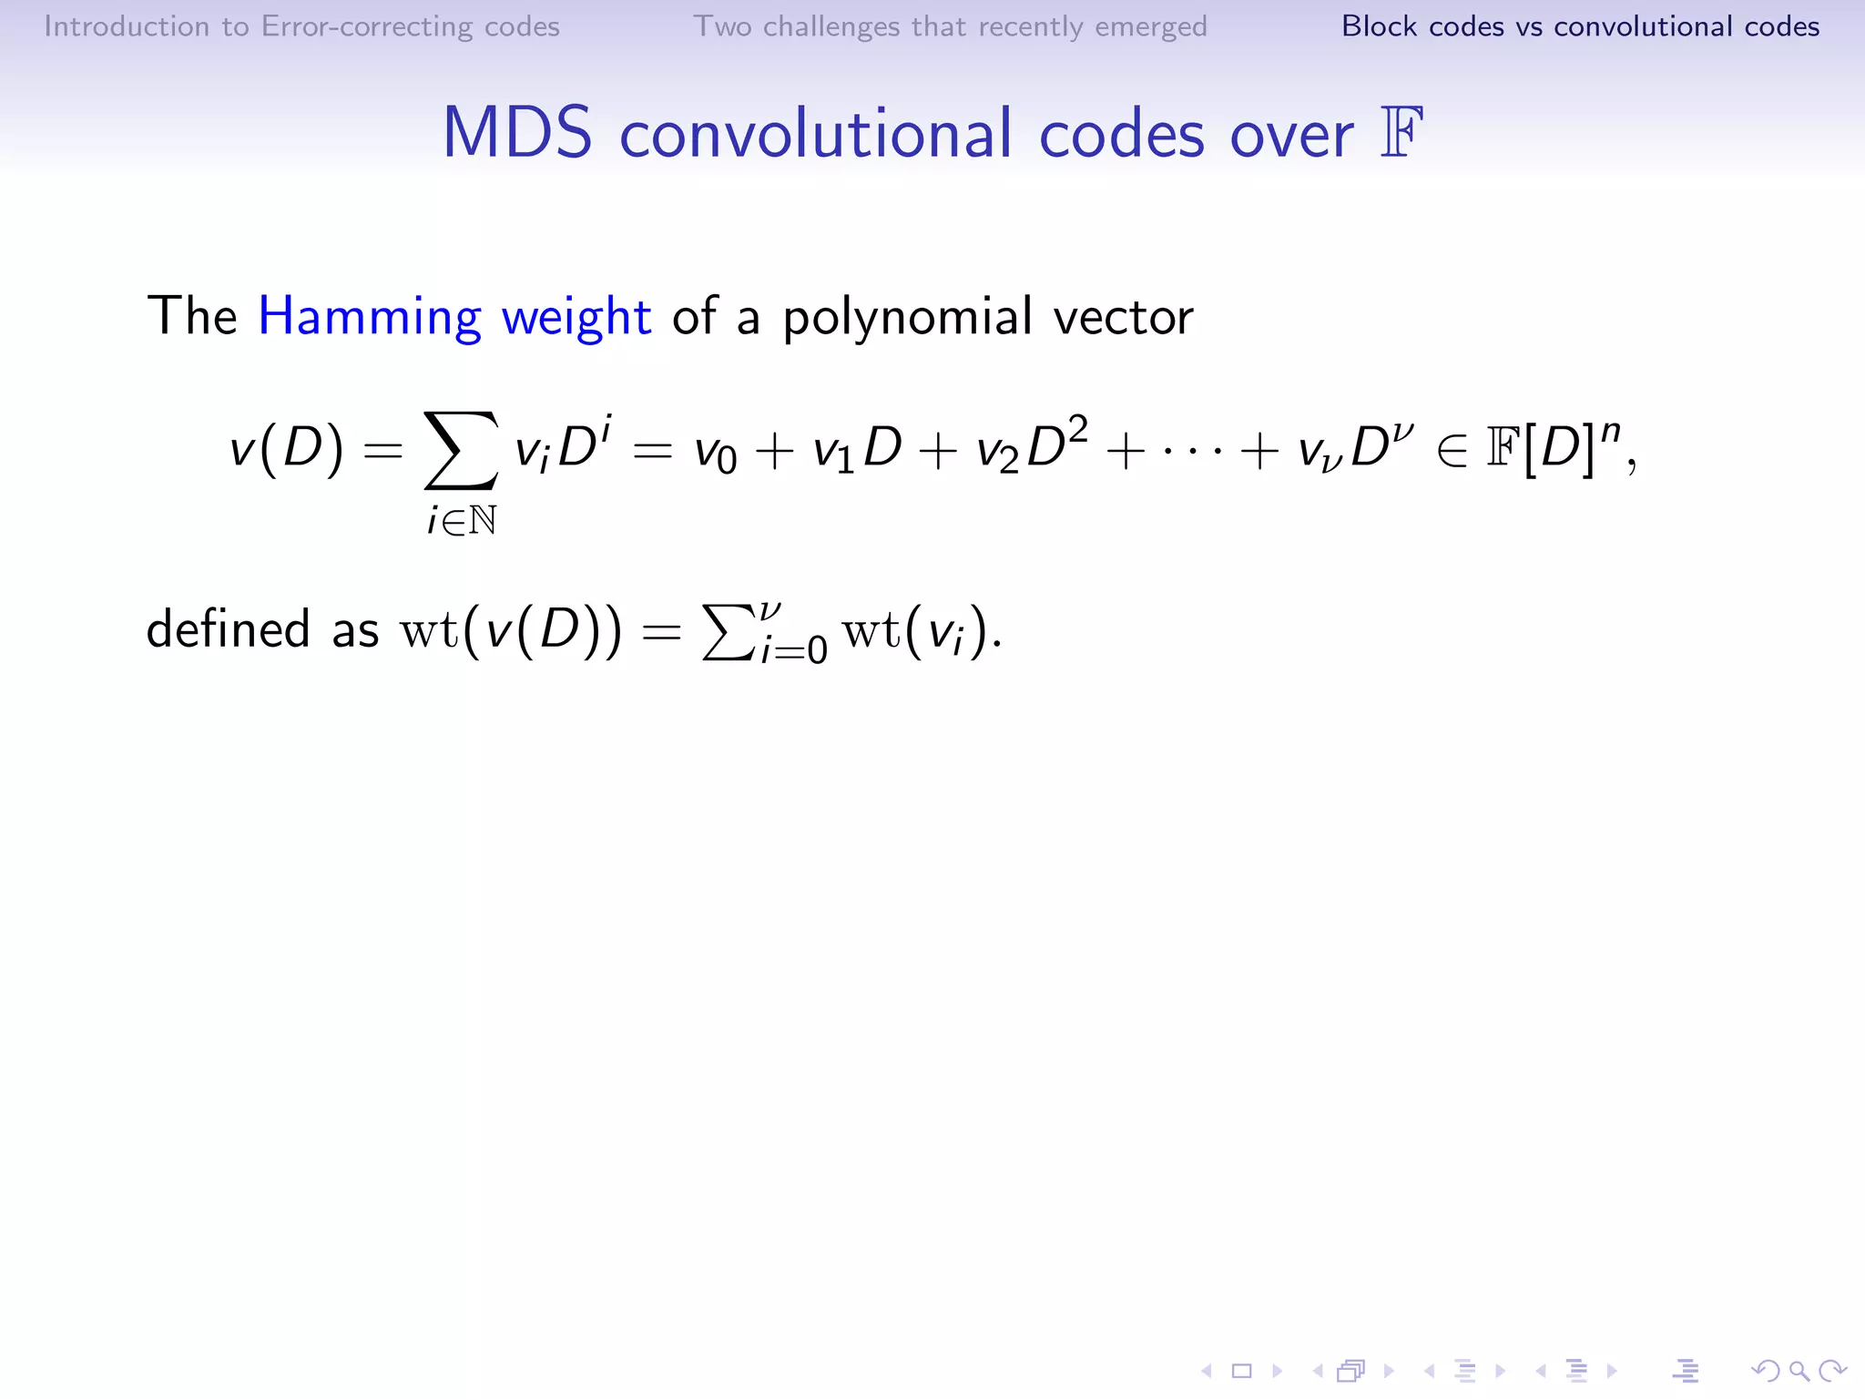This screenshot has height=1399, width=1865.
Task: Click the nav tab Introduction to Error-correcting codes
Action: pos(301,26)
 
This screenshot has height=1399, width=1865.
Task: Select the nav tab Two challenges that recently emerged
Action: pos(950,26)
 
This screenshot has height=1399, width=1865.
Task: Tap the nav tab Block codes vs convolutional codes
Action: pos(1580,26)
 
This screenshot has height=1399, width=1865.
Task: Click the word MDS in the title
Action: pos(517,134)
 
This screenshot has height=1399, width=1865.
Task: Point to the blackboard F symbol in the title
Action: pos(1401,133)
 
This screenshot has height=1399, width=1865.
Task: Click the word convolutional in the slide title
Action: pos(816,134)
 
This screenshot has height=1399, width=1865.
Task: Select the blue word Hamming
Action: pos(370,317)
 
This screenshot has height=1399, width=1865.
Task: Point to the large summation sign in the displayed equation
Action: pos(461,450)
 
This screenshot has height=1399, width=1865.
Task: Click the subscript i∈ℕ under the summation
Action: pos(462,521)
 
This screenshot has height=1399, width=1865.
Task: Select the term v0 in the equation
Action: pos(715,453)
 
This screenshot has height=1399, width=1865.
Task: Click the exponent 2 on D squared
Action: pos(1077,428)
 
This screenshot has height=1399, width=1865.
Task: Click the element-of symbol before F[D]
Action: pos(1452,451)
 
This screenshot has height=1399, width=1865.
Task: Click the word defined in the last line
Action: pos(229,628)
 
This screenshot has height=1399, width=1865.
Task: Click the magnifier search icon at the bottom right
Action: pos(1799,1371)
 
